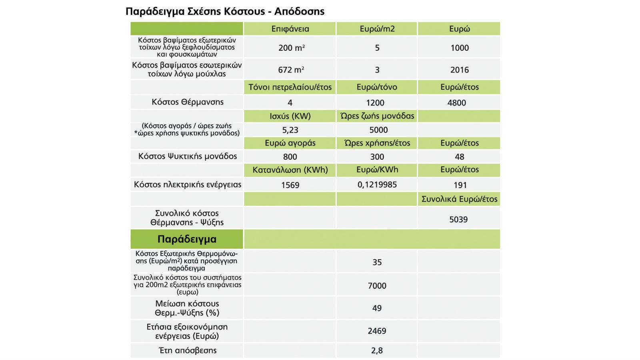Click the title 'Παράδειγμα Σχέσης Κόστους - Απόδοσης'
point(225,11)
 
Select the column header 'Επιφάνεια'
point(290,29)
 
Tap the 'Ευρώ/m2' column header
point(377,29)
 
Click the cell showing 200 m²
point(291,48)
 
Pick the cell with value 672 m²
point(291,70)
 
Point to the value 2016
point(459,70)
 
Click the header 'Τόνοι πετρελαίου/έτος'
point(290,87)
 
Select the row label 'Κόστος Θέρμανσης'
point(187,102)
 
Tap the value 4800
point(456,103)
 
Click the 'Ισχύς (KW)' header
point(290,116)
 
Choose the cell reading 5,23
point(290,130)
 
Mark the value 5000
point(378,130)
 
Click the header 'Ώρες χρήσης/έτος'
point(377,143)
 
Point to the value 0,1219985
point(377,185)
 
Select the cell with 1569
point(290,185)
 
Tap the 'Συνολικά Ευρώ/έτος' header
point(459,199)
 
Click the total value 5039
point(458,219)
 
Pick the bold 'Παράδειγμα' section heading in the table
point(187,239)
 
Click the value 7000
point(377,286)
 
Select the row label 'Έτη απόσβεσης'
point(187,350)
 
